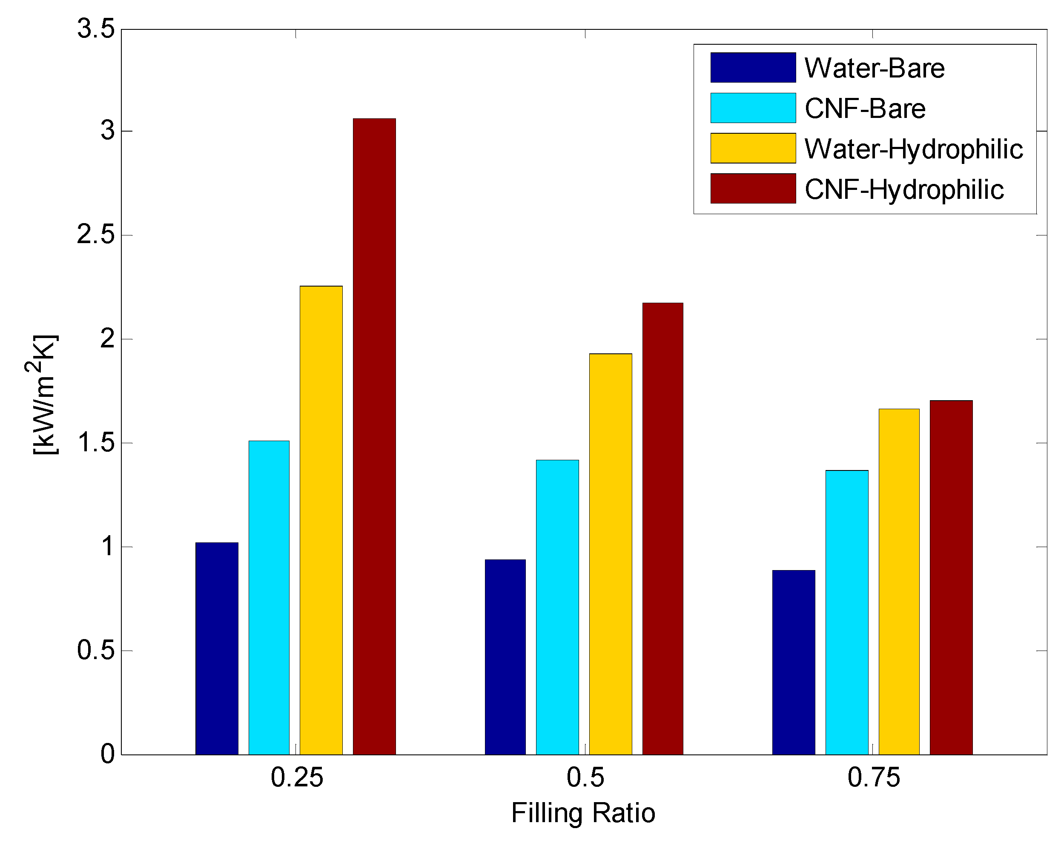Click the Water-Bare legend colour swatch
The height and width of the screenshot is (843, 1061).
click(752, 67)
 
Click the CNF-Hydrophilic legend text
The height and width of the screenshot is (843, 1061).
click(903, 189)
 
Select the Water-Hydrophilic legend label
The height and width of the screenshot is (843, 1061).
click(913, 149)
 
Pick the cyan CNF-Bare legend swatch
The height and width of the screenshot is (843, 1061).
click(752, 108)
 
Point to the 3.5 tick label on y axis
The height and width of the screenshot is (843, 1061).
click(95, 29)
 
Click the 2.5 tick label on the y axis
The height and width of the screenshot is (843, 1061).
click(95, 235)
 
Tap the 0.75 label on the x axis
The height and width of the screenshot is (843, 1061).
click(874, 777)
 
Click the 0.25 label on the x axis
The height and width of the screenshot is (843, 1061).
click(297, 777)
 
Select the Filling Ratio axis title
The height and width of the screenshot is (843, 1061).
click(583, 813)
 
